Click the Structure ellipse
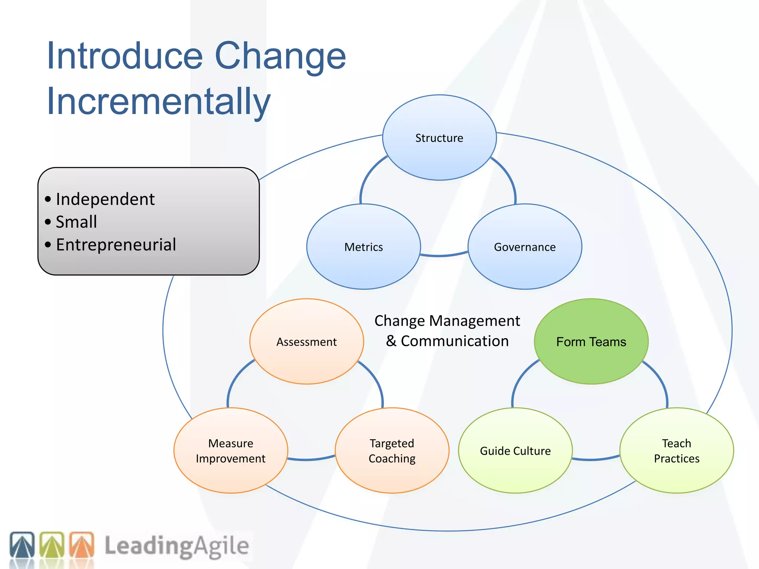pos(439,138)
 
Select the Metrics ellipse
pos(364,247)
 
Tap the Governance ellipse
pos(525,247)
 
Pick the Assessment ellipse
pos(306,342)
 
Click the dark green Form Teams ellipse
pos(591,342)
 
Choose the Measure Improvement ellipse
pos(231,450)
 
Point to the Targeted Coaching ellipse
pos(392,450)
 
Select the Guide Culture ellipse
pos(515,450)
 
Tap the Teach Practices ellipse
pos(676,450)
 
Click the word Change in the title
pos(280,56)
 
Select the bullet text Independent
pos(105,199)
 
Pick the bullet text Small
pos(76,222)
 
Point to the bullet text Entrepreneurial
pos(116,245)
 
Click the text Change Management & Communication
pos(447,331)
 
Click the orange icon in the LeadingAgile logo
pos(82,545)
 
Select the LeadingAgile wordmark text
pos(176,546)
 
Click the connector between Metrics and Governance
pos(444,255)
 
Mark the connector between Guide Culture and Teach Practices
pos(596,459)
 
